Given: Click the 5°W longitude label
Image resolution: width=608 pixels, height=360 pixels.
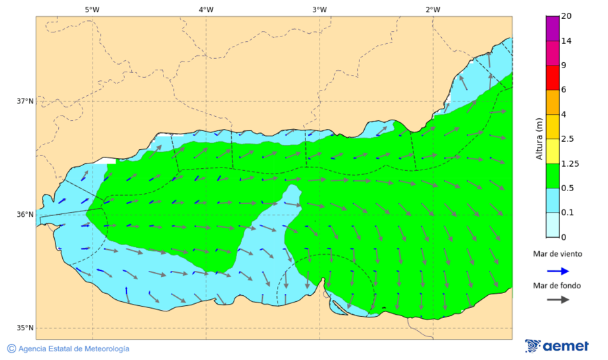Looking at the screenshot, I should (93, 9).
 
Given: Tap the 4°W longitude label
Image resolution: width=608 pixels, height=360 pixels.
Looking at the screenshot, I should (206, 9).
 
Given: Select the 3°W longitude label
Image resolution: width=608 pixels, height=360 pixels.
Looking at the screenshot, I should (320, 9).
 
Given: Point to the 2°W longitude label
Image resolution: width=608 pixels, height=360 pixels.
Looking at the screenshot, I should (433, 9).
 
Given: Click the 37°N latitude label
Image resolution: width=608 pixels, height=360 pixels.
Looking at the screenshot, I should (25, 101).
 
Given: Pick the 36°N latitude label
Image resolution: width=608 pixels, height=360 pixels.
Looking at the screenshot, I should (25, 215).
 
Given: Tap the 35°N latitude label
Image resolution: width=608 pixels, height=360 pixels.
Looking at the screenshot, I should (25, 328).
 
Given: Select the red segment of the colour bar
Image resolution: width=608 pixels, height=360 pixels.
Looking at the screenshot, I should (553, 78).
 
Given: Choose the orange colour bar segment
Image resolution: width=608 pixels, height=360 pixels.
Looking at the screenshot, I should (553, 102).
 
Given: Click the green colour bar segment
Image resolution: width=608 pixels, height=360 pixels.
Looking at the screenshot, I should (553, 176).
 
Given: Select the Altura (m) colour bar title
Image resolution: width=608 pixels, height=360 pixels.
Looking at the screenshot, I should (539, 138).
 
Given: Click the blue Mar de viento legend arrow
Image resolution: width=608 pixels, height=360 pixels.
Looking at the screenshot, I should (557, 270).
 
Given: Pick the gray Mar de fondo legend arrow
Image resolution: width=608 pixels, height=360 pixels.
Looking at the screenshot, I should (557, 300).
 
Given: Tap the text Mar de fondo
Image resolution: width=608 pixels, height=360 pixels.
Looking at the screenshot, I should (557, 286).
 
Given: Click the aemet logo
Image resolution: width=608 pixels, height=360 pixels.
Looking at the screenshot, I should (557, 346).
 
